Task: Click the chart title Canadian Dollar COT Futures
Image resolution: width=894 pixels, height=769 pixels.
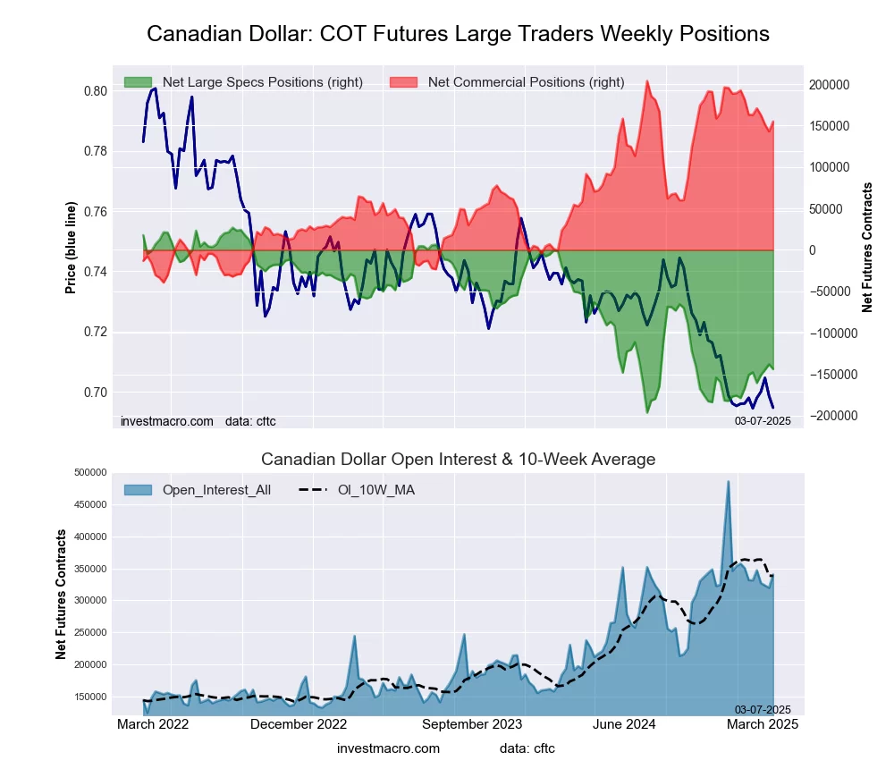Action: [x=458, y=34]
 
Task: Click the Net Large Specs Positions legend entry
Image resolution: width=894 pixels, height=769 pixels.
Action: [x=243, y=82]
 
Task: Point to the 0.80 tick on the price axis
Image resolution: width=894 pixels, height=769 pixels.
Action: [x=95, y=91]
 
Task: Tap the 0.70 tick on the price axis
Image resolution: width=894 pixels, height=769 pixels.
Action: [x=95, y=393]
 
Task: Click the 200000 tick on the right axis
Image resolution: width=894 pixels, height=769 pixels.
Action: [x=828, y=85]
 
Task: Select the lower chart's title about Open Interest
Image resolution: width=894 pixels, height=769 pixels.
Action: [x=458, y=460]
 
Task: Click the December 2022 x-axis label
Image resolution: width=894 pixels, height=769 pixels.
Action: [x=298, y=724]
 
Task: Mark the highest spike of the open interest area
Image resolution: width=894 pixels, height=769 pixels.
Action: [x=728, y=482]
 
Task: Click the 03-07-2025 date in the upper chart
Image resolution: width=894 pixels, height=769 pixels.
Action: [x=763, y=420]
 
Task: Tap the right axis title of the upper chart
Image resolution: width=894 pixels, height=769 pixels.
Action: [x=866, y=248]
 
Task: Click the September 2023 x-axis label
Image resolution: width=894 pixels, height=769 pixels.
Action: [x=472, y=724]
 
